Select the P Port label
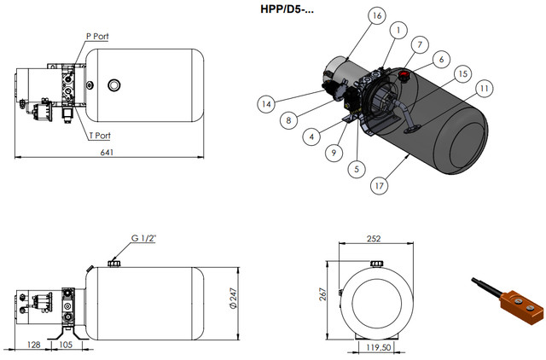(96, 37)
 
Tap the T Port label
(100, 135)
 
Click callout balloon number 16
(377, 15)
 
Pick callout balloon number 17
(377, 183)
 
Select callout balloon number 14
(267, 103)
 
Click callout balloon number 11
(484, 87)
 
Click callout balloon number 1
(397, 30)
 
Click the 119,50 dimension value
(379, 348)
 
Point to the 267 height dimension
(323, 293)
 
